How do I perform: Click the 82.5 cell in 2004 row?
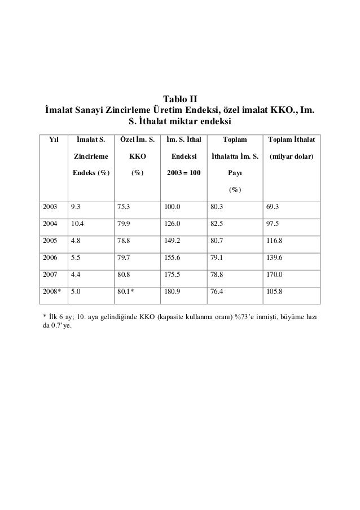[216, 224]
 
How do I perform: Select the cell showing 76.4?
[216, 294]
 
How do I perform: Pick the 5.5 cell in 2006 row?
[75, 259]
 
